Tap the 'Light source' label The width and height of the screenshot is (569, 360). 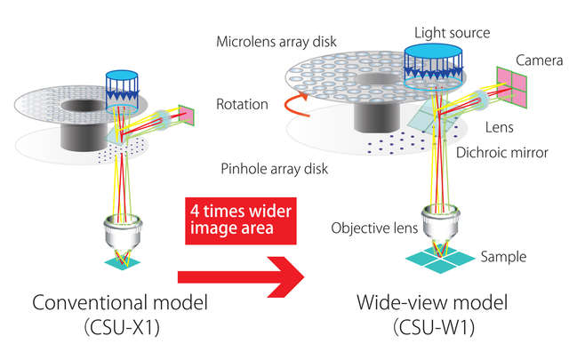coord(452,33)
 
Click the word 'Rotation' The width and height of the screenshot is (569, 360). coord(242,104)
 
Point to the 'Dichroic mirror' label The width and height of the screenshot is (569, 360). coord(505,152)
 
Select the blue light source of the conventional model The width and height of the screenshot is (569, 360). coord(118,86)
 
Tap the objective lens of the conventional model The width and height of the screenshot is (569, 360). coord(119,234)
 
